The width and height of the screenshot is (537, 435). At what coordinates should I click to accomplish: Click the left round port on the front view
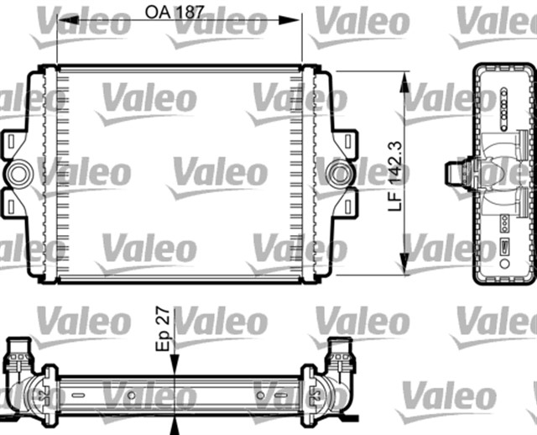(17, 174)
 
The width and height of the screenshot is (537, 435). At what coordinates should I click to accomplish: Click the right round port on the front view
(340, 174)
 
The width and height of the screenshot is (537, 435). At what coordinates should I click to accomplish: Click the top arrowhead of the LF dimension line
(406, 78)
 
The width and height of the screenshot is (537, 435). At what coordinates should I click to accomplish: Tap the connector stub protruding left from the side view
(456, 174)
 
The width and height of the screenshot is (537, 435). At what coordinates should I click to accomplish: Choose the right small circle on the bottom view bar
(262, 392)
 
